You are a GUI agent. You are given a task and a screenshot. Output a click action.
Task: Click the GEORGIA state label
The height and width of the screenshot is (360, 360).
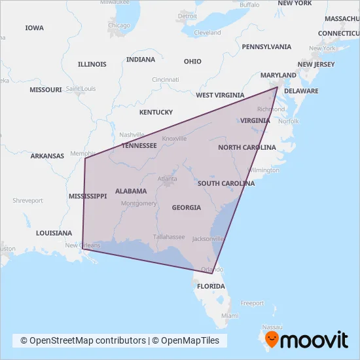[x=186, y=207]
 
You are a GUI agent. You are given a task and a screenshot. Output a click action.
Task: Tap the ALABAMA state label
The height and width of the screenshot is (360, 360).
[x=130, y=191]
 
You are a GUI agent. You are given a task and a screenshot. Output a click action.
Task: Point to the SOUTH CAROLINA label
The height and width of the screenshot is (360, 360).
[x=226, y=183]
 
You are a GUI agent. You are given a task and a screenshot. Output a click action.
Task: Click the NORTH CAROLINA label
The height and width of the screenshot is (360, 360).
[x=247, y=147]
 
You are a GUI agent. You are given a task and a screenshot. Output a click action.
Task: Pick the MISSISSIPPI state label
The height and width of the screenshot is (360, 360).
[x=87, y=196]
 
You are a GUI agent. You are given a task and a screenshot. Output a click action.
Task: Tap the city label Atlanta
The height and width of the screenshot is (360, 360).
[x=167, y=178]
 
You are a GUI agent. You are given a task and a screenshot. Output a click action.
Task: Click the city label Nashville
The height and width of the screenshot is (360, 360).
[x=131, y=135]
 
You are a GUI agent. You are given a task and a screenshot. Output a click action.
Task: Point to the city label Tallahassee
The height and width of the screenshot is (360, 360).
[x=169, y=236]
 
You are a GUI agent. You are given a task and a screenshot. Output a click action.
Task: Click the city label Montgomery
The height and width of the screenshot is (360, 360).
[x=138, y=204]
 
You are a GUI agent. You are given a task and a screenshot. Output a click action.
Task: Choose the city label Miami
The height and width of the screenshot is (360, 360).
[x=230, y=315]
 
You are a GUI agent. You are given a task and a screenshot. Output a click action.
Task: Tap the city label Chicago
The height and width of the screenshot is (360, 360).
[x=119, y=26]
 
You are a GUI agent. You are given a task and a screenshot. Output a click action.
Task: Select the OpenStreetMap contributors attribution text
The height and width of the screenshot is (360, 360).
[x=83, y=340]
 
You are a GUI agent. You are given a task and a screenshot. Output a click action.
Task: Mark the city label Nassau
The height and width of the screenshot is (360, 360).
[x=271, y=327]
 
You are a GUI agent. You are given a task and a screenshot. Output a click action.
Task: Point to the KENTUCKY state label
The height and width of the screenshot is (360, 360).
[x=156, y=112]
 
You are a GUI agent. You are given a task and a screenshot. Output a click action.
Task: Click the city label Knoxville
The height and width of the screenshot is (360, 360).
[x=174, y=138]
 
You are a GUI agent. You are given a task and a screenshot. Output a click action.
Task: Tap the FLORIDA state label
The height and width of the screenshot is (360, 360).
[x=211, y=286]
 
